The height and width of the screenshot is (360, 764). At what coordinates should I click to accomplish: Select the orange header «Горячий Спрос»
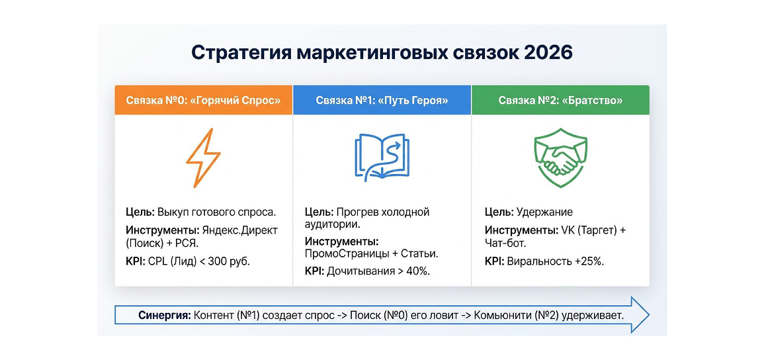coord(204,101)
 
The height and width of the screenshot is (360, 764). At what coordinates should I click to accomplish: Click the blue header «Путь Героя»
coord(382,101)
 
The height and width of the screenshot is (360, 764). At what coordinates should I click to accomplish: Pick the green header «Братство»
coord(560,101)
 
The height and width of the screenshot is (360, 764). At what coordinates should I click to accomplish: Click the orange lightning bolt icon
coord(203,158)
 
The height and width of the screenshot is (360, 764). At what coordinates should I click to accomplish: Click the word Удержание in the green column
coord(544,212)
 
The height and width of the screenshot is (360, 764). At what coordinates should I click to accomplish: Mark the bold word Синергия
coord(164,315)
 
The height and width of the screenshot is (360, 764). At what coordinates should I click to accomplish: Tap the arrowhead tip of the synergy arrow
coord(649,315)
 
